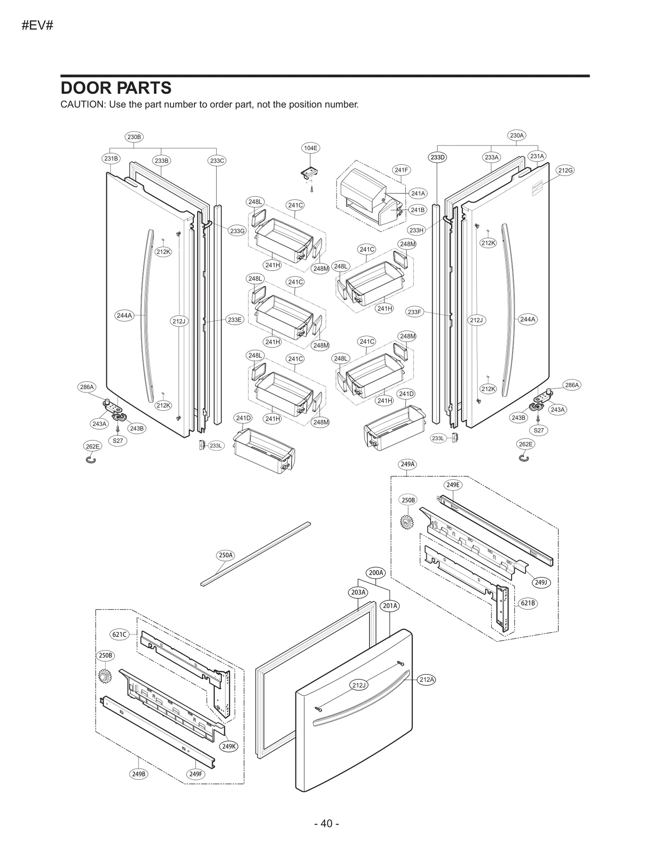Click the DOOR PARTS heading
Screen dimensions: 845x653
(x=116, y=88)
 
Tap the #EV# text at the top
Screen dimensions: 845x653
(x=38, y=26)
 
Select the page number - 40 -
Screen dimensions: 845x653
(x=326, y=824)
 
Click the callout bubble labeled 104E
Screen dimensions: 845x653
(x=311, y=148)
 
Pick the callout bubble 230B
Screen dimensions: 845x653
(x=134, y=137)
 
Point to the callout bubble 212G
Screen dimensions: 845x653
(x=565, y=170)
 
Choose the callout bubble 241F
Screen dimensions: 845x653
(x=401, y=170)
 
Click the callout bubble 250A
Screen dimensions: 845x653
(x=225, y=555)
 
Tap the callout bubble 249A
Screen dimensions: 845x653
(x=407, y=464)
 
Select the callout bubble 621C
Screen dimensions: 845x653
(x=120, y=634)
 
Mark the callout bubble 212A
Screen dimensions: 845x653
(x=427, y=679)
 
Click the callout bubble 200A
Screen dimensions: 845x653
(x=376, y=573)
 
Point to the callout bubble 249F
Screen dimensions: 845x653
(x=195, y=774)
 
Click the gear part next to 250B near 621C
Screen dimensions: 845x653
(x=105, y=677)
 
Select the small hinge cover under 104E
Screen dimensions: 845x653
(x=309, y=173)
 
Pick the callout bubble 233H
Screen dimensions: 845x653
(x=416, y=230)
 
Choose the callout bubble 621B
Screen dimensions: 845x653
(x=528, y=603)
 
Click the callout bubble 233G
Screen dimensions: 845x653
(x=238, y=231)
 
